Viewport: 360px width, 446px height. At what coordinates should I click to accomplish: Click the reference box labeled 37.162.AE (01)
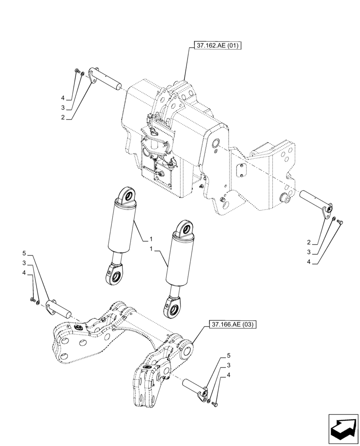click(x=217, y=46)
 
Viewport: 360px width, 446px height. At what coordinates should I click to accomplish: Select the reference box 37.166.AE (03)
click(x=232, y=325)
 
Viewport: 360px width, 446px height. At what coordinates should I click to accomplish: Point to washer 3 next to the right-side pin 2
click(x=334, y=218)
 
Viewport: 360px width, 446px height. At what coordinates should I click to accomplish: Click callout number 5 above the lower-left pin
click(x=24, y=253)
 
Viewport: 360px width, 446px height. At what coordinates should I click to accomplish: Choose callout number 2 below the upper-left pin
click(x=63, y=117)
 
